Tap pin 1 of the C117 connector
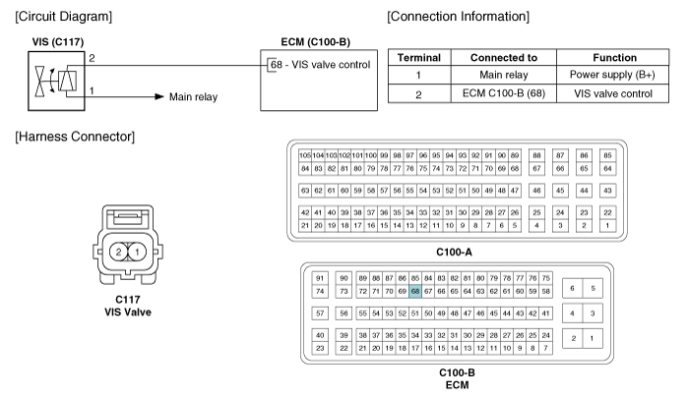tap(139, 253)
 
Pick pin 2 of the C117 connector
tap(119, 253)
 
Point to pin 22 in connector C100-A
tap(607, 212)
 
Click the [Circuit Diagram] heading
tap(61, 18)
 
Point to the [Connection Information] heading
tap(461, 18)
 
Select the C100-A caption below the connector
tap(454, 251)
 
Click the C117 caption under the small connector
tap(129, 300)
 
